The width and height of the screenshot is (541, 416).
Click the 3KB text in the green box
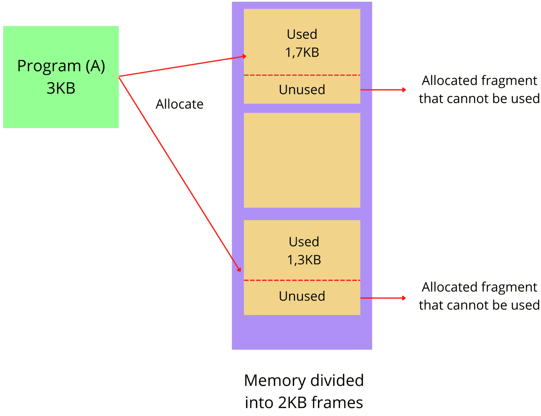coord(61,88)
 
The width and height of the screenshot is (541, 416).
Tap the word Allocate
coord(179,104)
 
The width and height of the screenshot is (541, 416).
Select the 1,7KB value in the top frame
coord(302,53)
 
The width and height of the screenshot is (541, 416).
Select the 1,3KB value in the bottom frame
coord(304,260)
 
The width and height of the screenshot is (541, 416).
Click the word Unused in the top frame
coord(302,90)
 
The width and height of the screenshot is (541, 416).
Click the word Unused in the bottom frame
coord(302,296)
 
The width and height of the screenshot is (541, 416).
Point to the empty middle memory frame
coord(302,160)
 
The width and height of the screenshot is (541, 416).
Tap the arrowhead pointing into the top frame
coord(244,56)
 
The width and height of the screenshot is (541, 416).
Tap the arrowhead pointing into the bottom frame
coord(239,269)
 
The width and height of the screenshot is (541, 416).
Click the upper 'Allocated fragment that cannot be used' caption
coord(479,90)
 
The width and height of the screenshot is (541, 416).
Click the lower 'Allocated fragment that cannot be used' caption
coord(479,296)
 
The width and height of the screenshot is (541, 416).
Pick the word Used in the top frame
coord(302,34)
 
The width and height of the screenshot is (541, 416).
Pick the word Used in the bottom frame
coord(304,242)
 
